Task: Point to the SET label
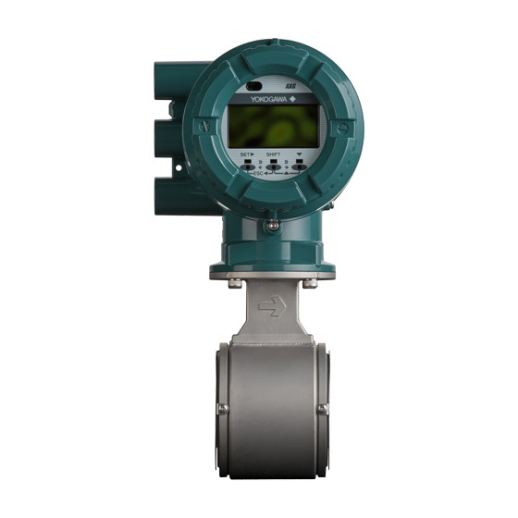(x=245, y=154)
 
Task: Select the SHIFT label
(x=274, y=154)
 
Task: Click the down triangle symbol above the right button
(x=301, y=154)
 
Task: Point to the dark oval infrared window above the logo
(x=253, y=86)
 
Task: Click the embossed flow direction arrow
(x=272, y=304)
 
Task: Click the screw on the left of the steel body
(x=222, y=408)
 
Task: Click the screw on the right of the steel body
(x=322, y=408)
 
